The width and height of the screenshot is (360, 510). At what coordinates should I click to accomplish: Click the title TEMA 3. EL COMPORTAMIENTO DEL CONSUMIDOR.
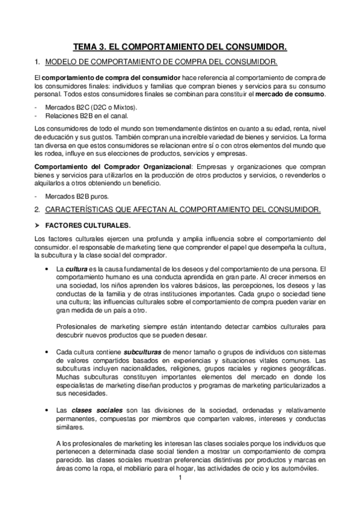(180, 46)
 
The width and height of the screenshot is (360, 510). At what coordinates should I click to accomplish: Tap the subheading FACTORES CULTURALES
(88, 224)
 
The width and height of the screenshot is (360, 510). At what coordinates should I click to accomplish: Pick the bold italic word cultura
(78, 268)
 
